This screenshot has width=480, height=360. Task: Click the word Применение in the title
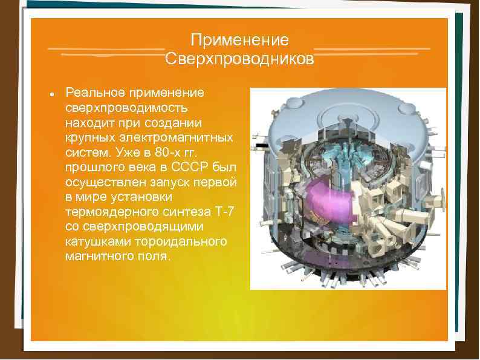tap(239, 41)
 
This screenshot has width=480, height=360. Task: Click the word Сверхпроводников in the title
tap(239, 59)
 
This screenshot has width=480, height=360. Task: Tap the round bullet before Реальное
tap(53, 95)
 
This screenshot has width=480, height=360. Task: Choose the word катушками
tap(96, 241)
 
